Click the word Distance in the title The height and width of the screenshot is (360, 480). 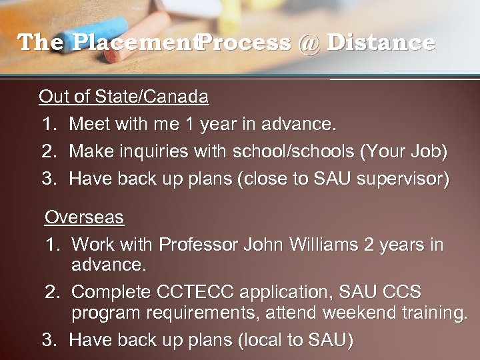point(381,43)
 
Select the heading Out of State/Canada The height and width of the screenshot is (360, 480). point(123,97)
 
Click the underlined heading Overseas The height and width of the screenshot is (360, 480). point(84,217)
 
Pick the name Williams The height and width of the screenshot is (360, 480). point(319,245)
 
